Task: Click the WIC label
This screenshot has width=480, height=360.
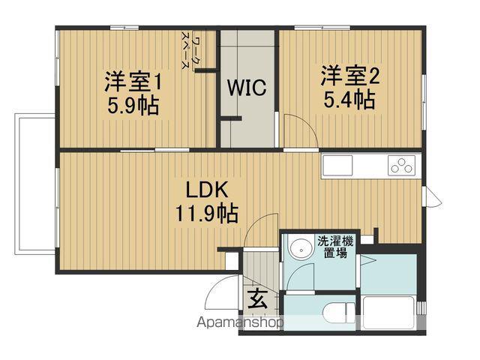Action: tap(247, 88)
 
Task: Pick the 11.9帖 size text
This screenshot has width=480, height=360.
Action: tap(208, 213)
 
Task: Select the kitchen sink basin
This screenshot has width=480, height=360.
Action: tap(341, 164)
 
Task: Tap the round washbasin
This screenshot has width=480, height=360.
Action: tap(303, 249)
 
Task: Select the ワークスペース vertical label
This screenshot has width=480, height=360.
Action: tap(195, 52)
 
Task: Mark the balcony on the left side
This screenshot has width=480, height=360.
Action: tap(34, 184)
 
